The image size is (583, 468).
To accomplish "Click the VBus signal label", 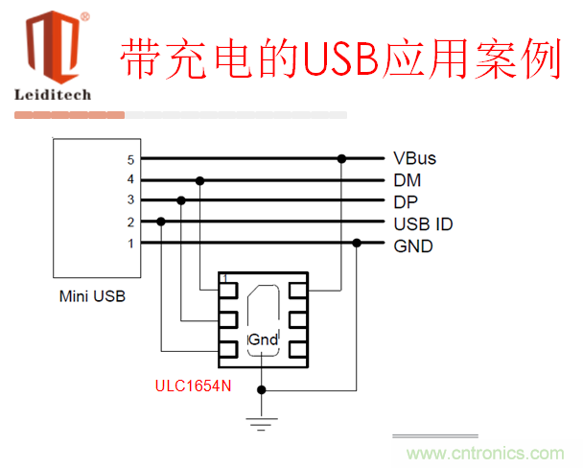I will pyautogui.click(x=414, y=159).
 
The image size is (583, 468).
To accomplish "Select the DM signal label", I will pyautogui.click(x=407, y=180).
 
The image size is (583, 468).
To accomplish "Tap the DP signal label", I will pyautogui.click(x=406, y=201).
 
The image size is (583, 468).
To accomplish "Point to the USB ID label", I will pyautogui.click(x=423, y=223).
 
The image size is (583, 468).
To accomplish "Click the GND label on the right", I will pyautogui.click(x=413, y=246).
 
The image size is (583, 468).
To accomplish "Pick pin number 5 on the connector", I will pyautogui.click(x=131, y=159).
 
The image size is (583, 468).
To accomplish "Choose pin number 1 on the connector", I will pyautogui.click(x=131, y=243).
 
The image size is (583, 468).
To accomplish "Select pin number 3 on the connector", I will pyautogui.click(x=131, y=200).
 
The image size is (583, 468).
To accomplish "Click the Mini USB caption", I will pyautogui.click(x=93, y=296).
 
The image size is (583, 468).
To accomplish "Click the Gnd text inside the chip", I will pyautogui.click(x=263, y=339).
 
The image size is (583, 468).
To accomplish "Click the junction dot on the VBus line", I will pyautogui.click(x=340, y=158).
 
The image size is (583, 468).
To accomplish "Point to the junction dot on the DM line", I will pyautogui.click(x=199, y=179).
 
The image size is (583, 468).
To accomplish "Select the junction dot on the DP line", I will pyautogui.click(x=180, y=200).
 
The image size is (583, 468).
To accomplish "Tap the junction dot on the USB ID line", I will pyautogui.click(x=161, y=222).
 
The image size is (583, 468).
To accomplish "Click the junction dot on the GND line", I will pyautogui.click(x=358, y=243).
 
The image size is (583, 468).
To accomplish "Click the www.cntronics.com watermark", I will pyautogui.click(x=485, y=453).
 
